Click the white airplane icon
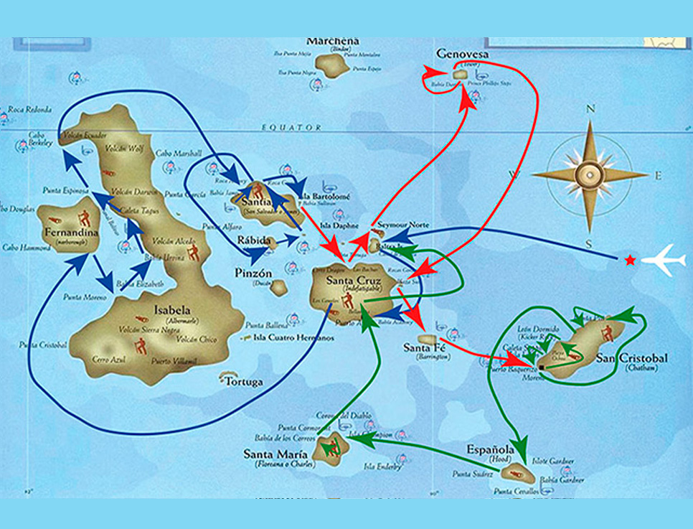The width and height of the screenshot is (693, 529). [x=664, y=259]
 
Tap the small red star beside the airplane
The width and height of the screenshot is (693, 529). [x=630, y=260]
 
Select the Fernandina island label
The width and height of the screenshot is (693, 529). [x=65, y=235]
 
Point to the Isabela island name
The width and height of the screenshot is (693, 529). [x=172, y=310]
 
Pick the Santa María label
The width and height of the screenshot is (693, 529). [x=275, y=454]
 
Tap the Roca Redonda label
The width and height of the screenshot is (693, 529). [x=29, y=109]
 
